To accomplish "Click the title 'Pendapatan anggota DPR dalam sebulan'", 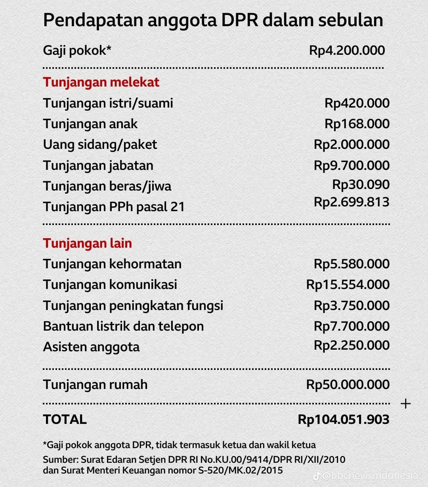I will pyautogui.click(x=213, y=20).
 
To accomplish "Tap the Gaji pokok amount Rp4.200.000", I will pyautogui.click(x=347, y=50).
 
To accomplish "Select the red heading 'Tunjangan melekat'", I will pyautogui.click(x=101, y=82).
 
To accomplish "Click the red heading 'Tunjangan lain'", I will pyautogui.click(x=87, y=243).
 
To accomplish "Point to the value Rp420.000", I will pyautogui.click(x=357, y=103).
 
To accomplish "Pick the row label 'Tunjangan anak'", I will pyautogui.click(x=90, y=124).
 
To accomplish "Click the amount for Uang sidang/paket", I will pyautogui.click(x=352, y=144).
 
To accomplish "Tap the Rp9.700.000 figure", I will pyautogui.click(x=352, y=165).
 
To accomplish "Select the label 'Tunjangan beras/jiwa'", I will pyautogui.click(x=107, y=186).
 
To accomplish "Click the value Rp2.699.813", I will pyautogui.click(x=352, y=202).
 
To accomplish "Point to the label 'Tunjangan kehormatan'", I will pyautogui.click(x=112, y=264).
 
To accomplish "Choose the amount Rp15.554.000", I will pyautogui.click(x=348, y=285).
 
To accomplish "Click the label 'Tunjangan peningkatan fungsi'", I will pyautogui.click(x=133, y=306).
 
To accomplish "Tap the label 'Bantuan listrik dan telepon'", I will pyautogui.click(x=123, y=326).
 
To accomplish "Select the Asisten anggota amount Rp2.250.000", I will pyautogui.click(x=352, y=345).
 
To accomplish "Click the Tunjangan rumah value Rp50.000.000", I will pyautogui.click(x=348, y=385).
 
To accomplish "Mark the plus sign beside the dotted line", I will pyautogui.click(x=405, y=404).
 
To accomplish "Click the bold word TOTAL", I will pyautogui.click(x=65, y=420).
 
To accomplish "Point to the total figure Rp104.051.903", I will pyautogui.click(x=344, y=420).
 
